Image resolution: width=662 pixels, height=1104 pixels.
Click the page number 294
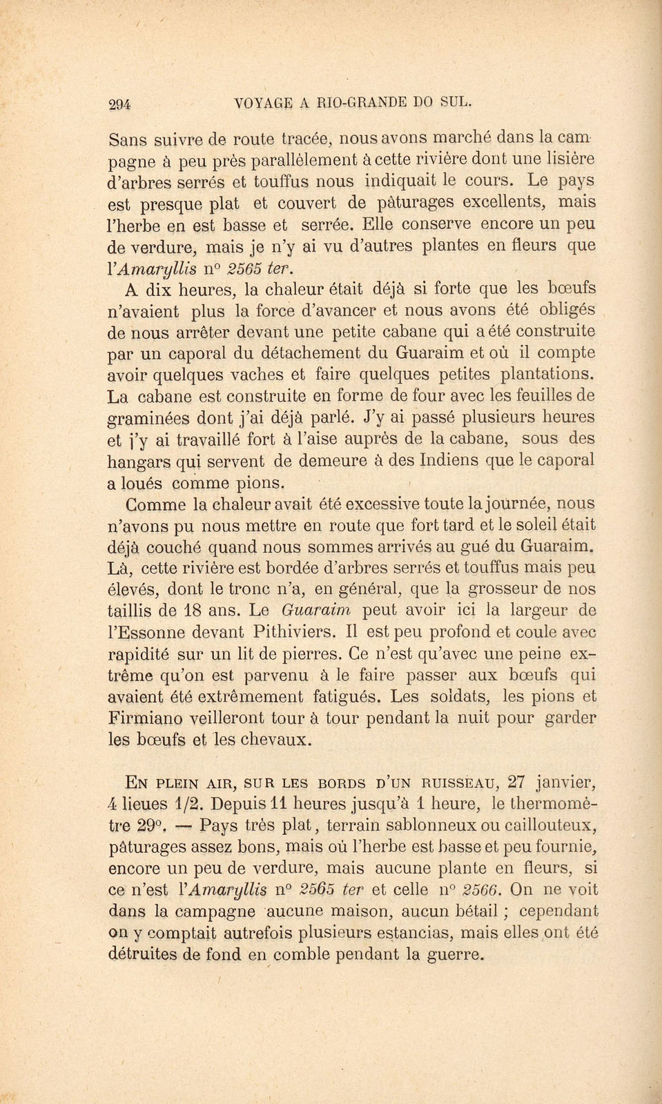(x=120, y=104)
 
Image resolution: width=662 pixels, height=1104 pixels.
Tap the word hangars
(x=136, y=461)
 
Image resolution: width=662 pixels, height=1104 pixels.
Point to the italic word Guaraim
(x=317, y=611)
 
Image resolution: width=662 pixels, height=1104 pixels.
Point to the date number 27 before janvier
(x=517, y=782)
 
